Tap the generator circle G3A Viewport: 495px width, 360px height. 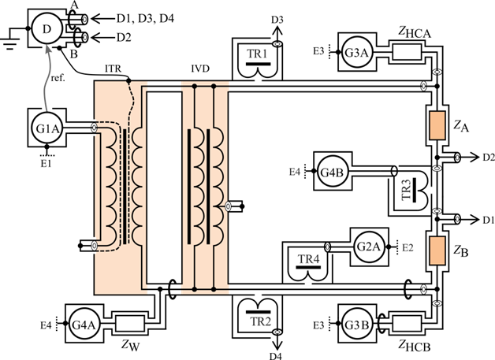[355, 52]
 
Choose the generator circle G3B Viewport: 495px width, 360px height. [355, 323]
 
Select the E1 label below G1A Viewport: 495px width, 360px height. [46, 163]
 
